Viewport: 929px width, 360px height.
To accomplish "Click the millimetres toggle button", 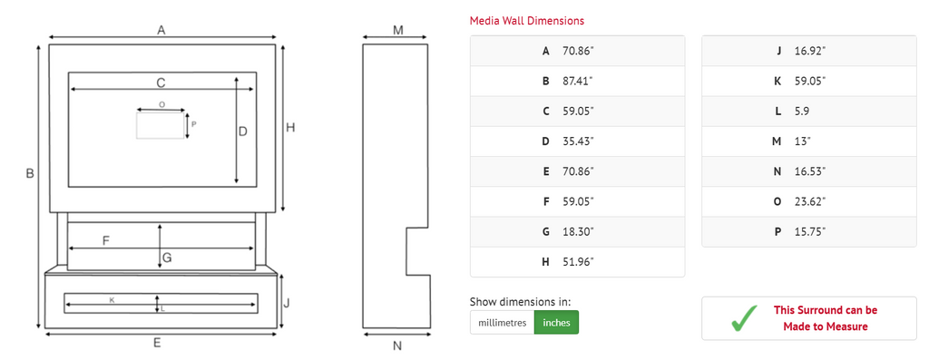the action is (502, 323).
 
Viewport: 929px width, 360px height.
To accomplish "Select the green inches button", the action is (556, 323).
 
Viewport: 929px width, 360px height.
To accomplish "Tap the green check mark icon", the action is (744, 318).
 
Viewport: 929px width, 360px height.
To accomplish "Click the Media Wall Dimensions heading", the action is (527, 21).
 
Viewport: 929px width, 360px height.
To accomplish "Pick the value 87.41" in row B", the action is (578, 81).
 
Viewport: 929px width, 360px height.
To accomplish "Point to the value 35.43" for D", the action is (578, 141).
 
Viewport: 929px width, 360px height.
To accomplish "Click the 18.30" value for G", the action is (578, 231).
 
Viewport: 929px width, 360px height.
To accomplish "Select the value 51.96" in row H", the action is (578, 262).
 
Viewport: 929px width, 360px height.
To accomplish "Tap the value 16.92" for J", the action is (810, 51).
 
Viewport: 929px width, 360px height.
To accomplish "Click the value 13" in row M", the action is (803, 141).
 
